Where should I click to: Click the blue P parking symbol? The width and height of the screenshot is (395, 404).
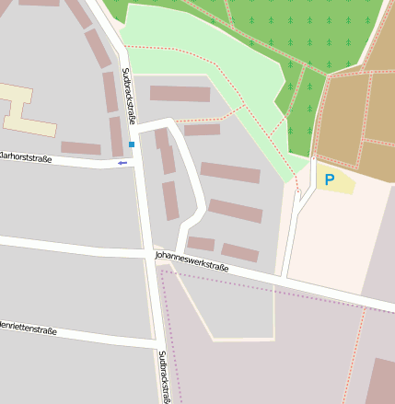pos(329,179)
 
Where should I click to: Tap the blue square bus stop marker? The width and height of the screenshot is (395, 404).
pos(132,144)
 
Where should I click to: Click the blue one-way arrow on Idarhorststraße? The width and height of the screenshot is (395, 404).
pos(122,163)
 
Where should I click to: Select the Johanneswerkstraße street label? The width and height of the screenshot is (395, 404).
pos(192,260)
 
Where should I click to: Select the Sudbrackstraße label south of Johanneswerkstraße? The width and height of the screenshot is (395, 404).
pos(163,376)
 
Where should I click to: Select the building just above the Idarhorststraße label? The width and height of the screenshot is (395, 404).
pos(80,147)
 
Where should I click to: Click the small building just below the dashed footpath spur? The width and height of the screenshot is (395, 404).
pos(202,130)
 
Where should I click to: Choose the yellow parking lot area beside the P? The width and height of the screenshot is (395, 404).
pos(339,179)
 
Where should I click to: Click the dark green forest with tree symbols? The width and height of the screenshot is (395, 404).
pos(295,28)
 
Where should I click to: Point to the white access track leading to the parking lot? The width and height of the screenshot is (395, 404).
pos(291,230)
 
